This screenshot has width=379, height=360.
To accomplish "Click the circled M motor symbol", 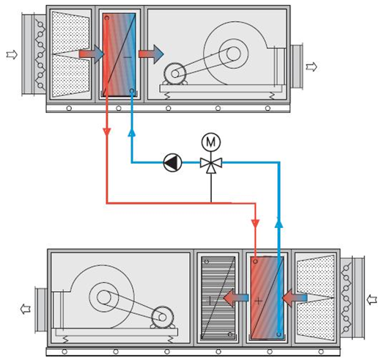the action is click(211, 142).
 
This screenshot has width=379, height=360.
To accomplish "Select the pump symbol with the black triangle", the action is click(172, 163).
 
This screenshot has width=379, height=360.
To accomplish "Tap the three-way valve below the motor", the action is click(211, 164).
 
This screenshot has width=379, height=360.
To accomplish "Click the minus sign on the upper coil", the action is click(128, 57).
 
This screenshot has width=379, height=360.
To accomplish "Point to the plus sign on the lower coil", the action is click(258, 301).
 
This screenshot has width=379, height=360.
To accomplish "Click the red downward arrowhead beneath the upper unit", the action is click(107, 132).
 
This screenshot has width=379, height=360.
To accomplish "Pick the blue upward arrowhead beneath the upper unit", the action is click(132, 132).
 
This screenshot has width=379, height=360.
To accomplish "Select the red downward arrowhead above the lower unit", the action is click(255, 224).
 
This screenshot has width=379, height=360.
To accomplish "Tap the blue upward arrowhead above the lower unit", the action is click(279, 223).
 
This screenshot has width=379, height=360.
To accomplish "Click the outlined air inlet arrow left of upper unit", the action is click(12, 54).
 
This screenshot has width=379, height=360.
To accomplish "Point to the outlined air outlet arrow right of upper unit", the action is click(312, 67).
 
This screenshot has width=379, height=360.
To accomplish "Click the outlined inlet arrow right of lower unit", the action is click(372, 300).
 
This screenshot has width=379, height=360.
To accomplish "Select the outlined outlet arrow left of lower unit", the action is click(26, 309).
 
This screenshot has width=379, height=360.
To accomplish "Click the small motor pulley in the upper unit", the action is click(175, 74).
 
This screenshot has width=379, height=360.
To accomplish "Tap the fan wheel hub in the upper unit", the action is click(233, 54).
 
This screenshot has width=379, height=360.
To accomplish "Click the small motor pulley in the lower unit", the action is click(163, 317).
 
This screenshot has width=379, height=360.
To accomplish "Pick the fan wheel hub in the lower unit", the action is click(104, 297).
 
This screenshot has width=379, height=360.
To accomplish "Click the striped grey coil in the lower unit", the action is click(218, 298).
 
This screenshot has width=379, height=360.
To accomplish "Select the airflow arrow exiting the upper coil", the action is click(151, 54).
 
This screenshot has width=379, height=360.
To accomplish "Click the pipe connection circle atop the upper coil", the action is click(107, 18).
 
